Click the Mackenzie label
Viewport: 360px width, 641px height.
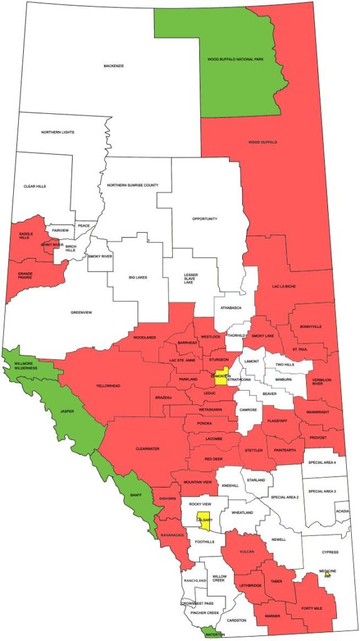[x=113, y=65]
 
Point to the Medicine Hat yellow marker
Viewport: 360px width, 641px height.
[x=327, y=575]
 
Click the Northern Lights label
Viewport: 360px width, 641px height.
[x=58, y=132]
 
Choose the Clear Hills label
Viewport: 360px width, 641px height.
[x=35, y=187]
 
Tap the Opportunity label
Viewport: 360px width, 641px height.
[x=205, y=218]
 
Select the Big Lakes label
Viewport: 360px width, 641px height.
[x=138, y=277]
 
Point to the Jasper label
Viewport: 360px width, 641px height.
[x=67, y=411]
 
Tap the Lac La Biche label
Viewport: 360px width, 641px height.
[x=283, y=285]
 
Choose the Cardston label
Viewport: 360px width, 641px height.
[x=236, y=620]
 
